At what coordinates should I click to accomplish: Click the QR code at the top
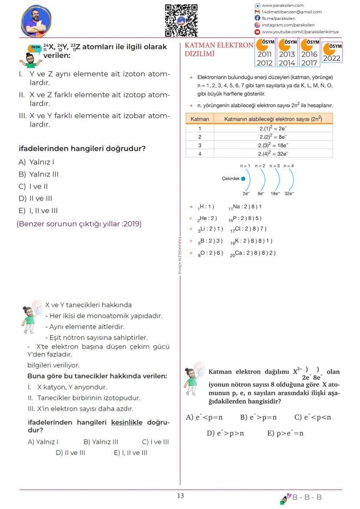(181, 20)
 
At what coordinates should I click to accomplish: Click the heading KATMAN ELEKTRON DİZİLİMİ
(219, 50)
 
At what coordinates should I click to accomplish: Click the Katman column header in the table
(200, 119)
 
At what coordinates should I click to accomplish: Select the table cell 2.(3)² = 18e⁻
(273, 145)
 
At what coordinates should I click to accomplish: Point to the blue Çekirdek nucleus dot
(243, 179)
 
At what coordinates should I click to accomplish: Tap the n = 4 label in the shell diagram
(289, 166)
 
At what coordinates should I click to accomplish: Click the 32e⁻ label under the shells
(289, 194)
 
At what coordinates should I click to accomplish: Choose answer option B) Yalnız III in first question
(39, 174)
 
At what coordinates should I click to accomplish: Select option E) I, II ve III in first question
(38, 211)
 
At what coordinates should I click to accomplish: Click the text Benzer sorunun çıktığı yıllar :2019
(79, 224)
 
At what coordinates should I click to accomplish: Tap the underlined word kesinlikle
(127, 423)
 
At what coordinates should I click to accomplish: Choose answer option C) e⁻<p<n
(312, 417)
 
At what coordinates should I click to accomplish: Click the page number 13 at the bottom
(180, 496)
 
